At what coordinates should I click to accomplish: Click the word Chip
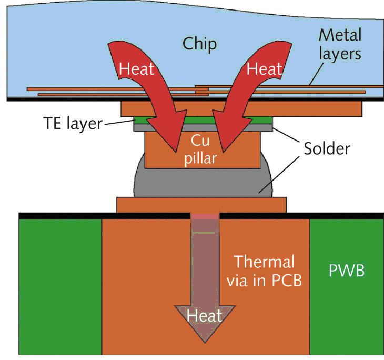pos(199,44)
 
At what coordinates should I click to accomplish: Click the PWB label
pos(346,271)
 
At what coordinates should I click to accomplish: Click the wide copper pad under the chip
pos(316,108)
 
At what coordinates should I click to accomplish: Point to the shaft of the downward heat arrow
pos(206,263)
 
